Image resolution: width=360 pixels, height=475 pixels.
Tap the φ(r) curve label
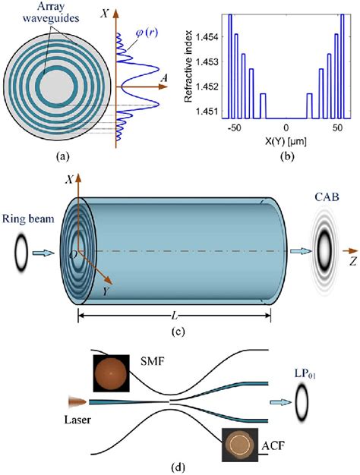[x=147, y=32]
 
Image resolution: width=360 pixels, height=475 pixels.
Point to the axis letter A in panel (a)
[x=164, y=78]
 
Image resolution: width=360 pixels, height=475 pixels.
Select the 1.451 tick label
[x=207, y=112]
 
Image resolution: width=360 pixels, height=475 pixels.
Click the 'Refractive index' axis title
[x=188, y=66]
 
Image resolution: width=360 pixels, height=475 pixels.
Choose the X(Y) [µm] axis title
[x=286, y=141]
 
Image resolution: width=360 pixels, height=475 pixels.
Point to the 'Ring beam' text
[x=28, y=219]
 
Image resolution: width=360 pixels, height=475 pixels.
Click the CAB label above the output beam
[x=327, y=197]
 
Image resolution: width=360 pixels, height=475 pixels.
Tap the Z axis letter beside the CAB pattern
[x=352, y=261]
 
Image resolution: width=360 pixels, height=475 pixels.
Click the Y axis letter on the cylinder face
[x=106, y=291]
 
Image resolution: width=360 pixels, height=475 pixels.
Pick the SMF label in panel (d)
[x=152, y=361]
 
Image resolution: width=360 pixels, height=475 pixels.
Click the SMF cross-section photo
[x=112, y=373]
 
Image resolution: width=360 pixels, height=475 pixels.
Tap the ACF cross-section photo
[x=240, y=445]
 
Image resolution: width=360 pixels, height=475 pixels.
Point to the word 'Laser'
[x=77, y=420]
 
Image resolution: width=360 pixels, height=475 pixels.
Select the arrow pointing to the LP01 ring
[x=280, y=402]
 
